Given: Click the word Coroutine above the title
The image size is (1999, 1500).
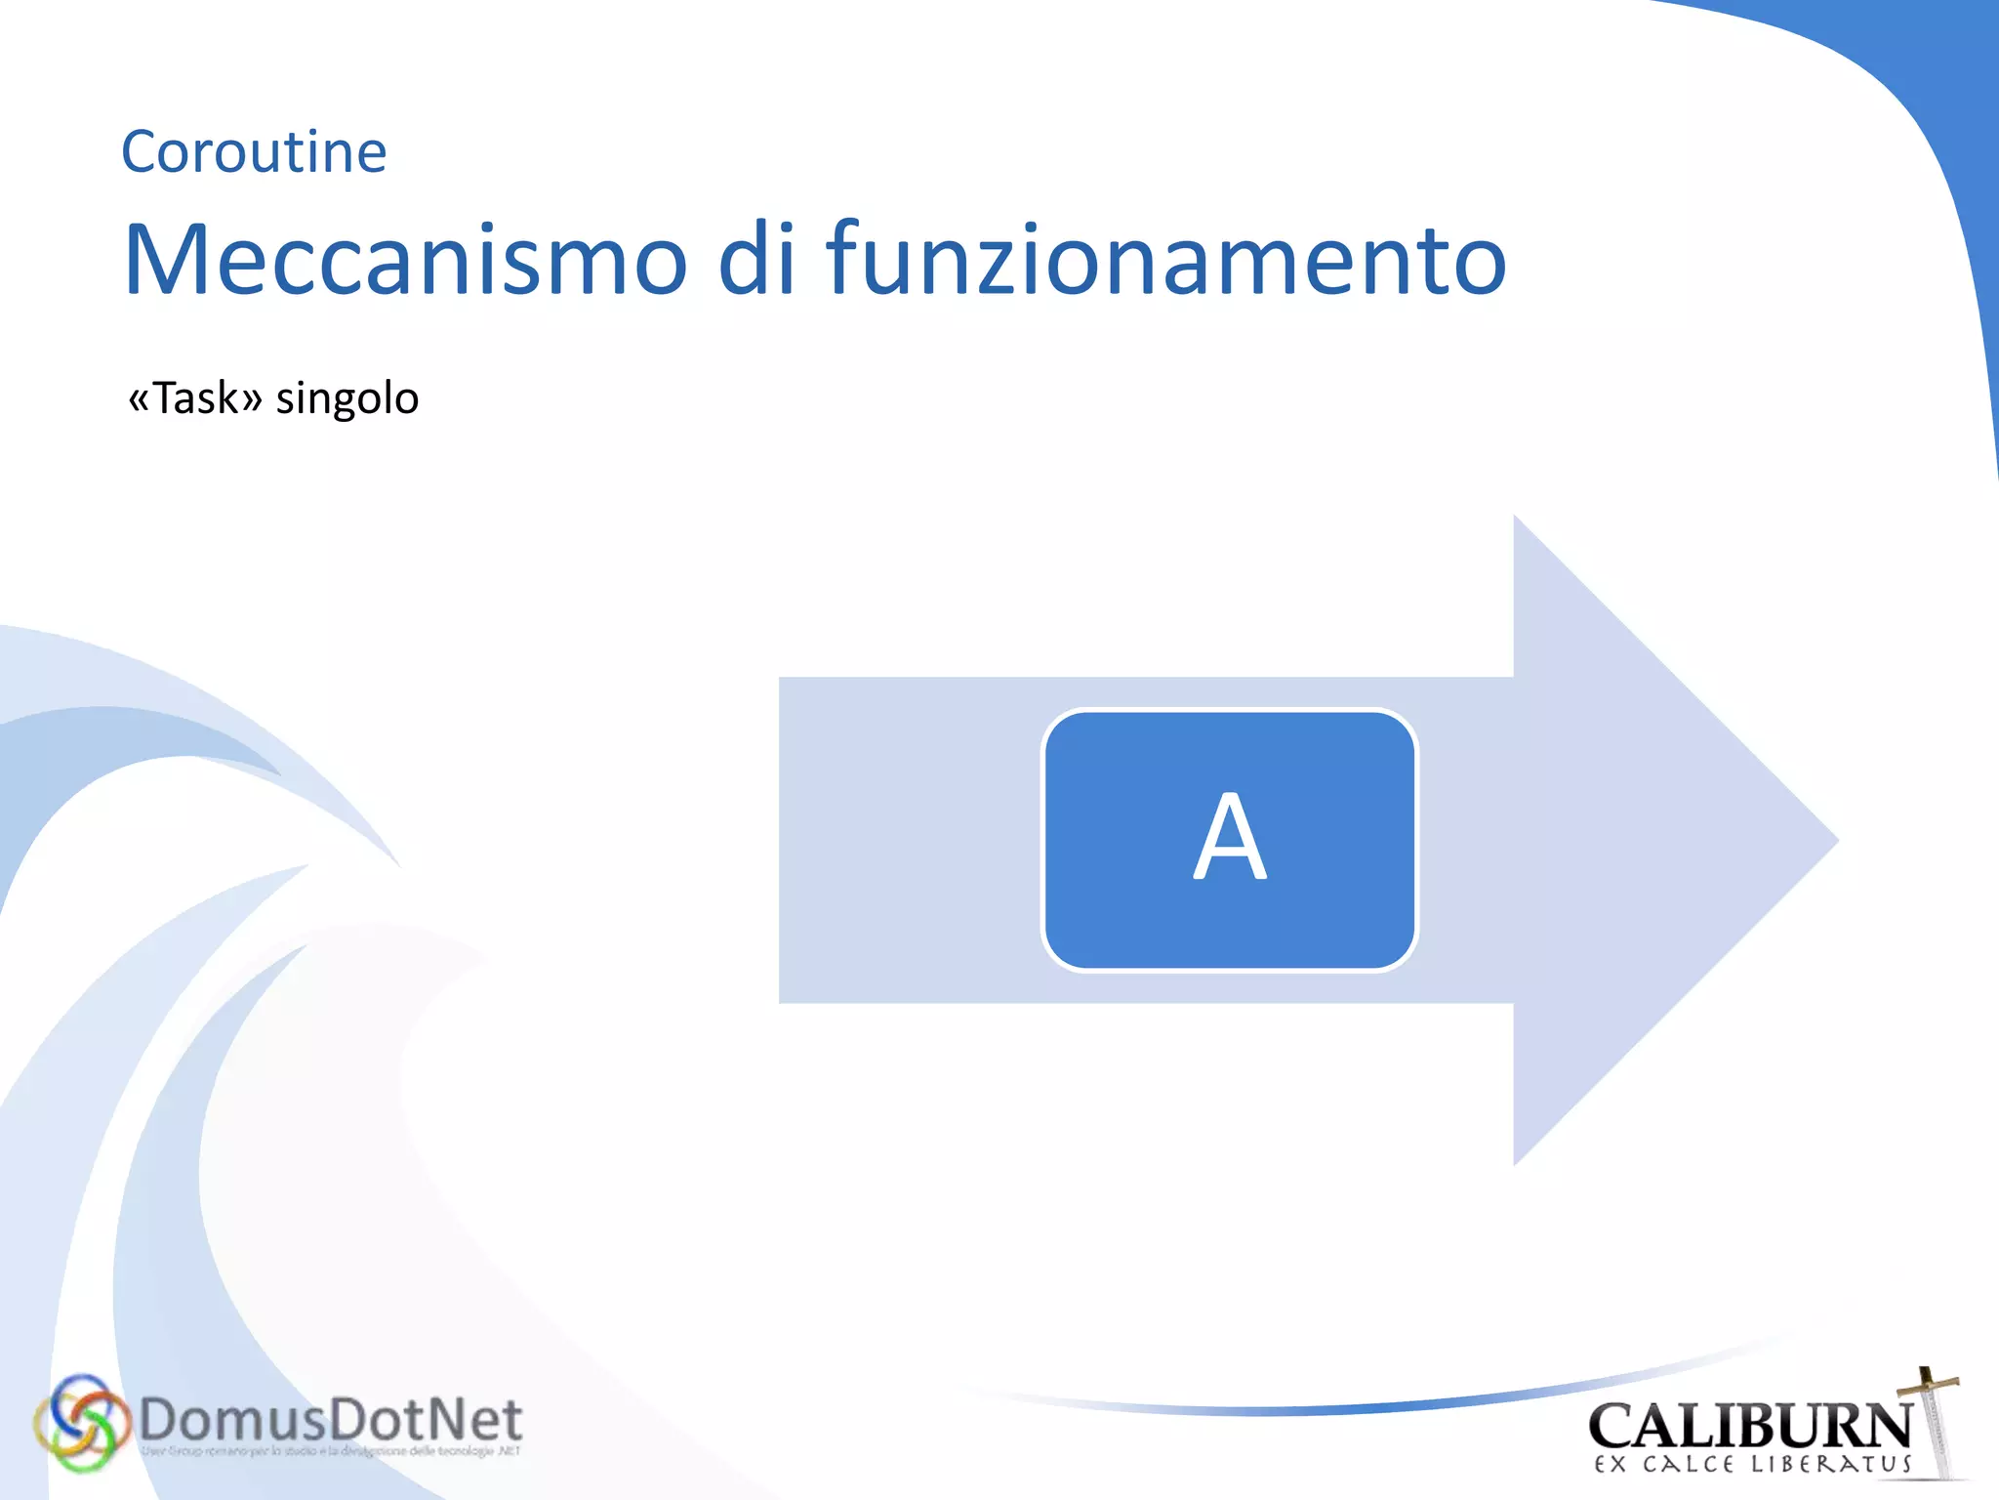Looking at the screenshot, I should (254, 152).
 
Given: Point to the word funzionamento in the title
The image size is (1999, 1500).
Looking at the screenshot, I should (1166, 260).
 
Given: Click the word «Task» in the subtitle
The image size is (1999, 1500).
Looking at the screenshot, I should (195, 398).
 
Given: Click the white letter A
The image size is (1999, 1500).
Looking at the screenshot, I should (1230, 838).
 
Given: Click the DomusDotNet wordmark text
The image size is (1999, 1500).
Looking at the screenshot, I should (330, 1420).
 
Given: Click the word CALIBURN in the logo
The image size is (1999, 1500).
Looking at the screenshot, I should (1749, 1426).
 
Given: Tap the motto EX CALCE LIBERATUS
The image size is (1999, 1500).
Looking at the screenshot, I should (1753, 1465).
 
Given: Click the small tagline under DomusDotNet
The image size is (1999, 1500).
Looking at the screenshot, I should (330, 1452).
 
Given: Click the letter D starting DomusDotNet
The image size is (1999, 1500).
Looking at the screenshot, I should (160, 1420).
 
